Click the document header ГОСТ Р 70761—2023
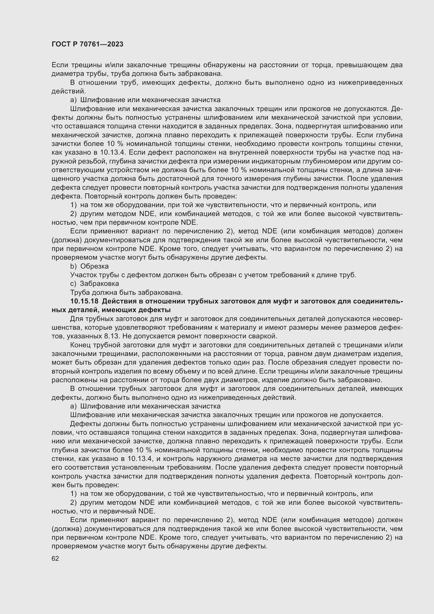pyautogui.click(x=87, y=44)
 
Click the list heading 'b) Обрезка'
pyautogui.click(x=89, y=266)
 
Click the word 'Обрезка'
pyautogui.click(x=94, y=266)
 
